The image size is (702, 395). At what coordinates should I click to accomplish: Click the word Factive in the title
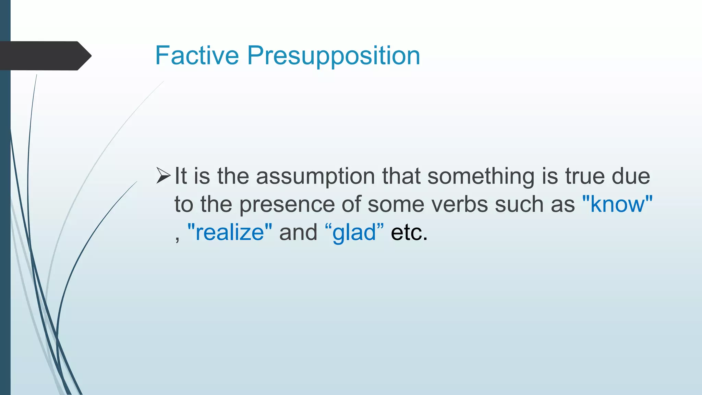pos(197,56)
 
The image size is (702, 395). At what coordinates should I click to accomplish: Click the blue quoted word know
pos(617,204)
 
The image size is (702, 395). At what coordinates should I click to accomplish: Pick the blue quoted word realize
pos(230,232)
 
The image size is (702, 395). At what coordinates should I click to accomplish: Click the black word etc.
pos(409,232)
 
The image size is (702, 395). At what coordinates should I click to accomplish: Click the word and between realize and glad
pos(298,232)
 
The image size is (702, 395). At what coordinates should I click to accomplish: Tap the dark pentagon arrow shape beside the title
pos(45,56)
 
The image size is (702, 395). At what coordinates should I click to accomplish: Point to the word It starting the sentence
pos(181,176)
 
